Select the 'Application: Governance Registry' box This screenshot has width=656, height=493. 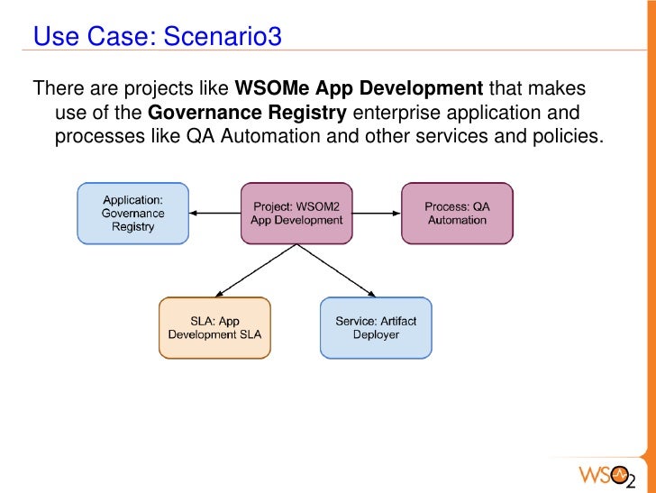(132, 214)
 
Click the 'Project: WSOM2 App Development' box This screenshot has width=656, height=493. (296, 214)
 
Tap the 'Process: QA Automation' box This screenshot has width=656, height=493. (457, 214)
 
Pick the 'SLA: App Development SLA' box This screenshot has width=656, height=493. (214, 328)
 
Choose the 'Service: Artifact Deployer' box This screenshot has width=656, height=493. (375, 328)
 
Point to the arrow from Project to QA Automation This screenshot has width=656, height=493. (377, 214)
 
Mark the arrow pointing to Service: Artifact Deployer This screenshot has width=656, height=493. (338, 271)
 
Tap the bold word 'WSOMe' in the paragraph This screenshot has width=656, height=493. (270, 90)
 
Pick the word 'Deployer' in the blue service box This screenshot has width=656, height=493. (376, 335)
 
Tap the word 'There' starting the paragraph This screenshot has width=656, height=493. (56, 90)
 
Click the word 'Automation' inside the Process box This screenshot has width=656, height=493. (457, 220)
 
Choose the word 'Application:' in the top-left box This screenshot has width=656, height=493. (132, 200)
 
